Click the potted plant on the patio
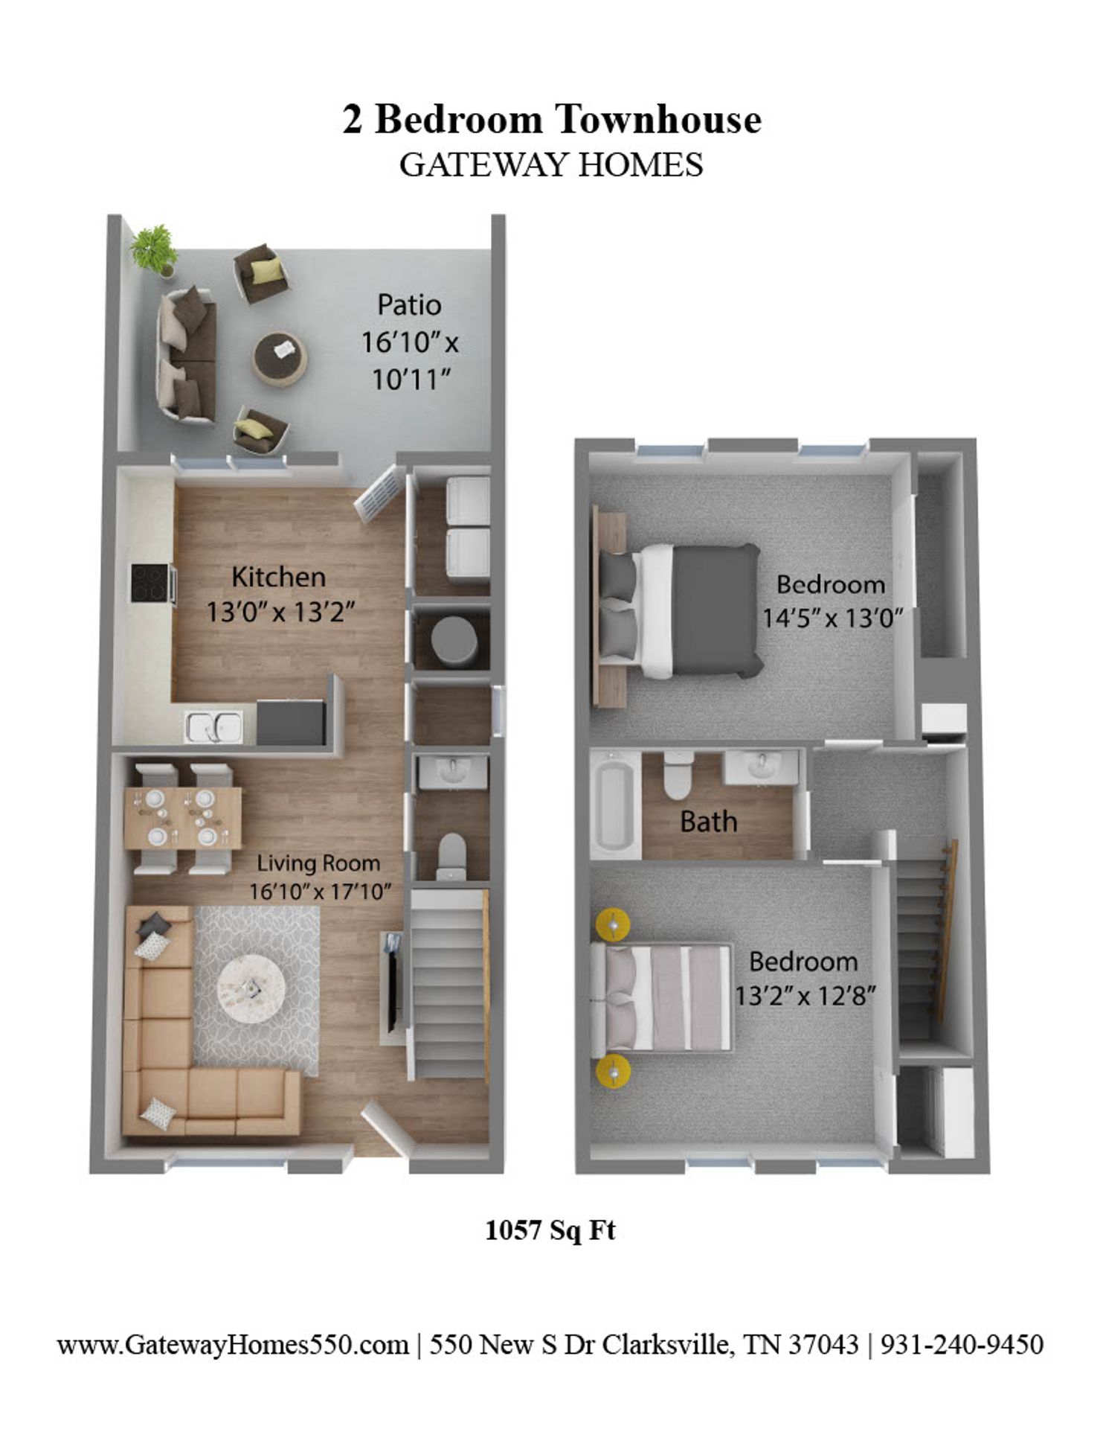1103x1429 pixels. click(155, 249)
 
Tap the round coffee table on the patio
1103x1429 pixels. click(280, 357)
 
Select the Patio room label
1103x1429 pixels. click(409, 305)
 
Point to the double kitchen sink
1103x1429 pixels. click(214, 726)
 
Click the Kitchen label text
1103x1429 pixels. click(279, 578)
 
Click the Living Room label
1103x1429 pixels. click(318, 863)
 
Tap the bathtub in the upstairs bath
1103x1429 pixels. click(615, 805)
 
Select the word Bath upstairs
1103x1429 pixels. click(709, 822)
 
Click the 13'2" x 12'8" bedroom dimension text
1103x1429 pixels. click(804, 995)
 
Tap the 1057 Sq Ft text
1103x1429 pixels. click(550, 1230)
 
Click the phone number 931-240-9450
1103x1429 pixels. click(962, 1345)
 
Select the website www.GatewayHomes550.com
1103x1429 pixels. click(233, 1345)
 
